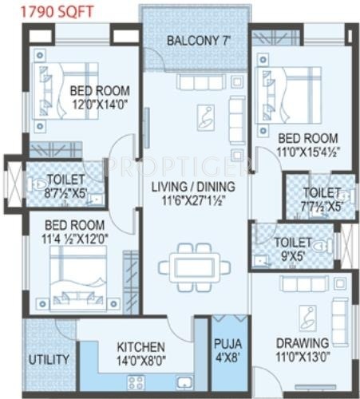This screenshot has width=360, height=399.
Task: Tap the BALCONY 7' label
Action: tap(196, 41)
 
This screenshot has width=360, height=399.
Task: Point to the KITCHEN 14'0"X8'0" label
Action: tap(141, 354)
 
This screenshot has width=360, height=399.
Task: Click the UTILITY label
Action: tap(49, 359)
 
